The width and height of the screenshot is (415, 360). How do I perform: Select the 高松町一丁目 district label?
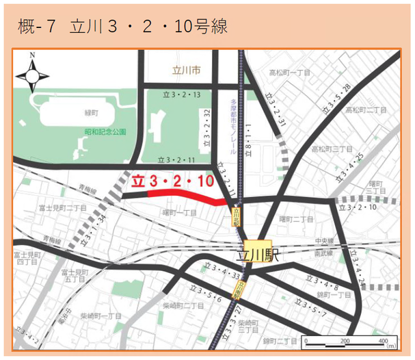[x=290, y=72]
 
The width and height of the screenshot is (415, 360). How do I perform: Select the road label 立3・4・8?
[x=321, y=281]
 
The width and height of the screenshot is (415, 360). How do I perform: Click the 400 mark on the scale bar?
[x=383, y=340]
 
